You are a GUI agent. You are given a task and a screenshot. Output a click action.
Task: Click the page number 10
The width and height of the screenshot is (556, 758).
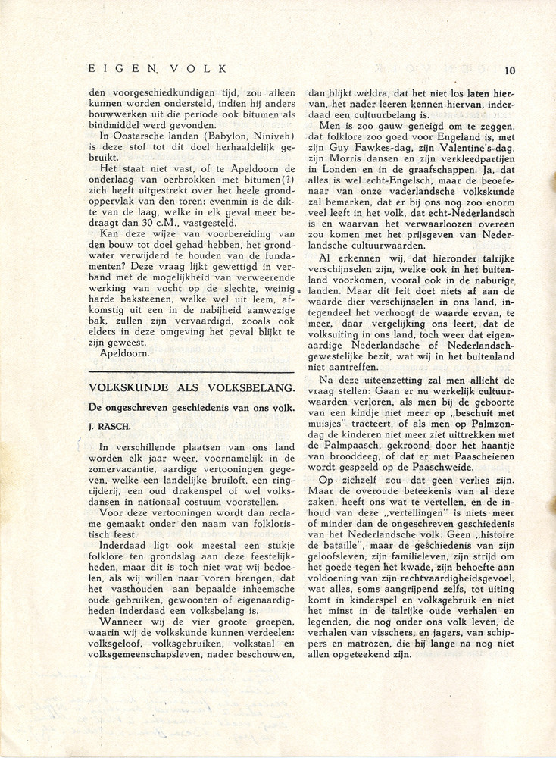pos(508,70)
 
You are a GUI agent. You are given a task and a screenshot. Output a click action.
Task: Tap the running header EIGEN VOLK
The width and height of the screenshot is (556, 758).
pos(158,68)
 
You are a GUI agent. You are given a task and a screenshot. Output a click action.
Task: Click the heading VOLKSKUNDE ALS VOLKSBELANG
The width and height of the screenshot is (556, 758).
pos(191,387)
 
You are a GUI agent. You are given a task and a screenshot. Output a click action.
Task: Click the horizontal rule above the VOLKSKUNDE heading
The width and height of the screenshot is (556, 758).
pos(191,371)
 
